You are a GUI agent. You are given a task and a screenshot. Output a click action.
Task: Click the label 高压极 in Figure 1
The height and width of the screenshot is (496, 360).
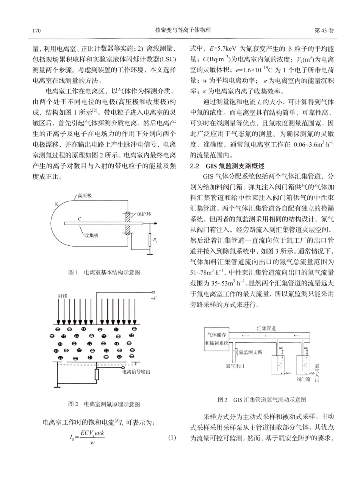tap(85, 195)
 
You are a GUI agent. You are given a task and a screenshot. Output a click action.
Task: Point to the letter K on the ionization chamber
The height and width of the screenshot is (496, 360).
tap(56, 204)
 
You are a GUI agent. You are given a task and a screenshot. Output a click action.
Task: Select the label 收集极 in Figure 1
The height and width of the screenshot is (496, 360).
tap(91, 235)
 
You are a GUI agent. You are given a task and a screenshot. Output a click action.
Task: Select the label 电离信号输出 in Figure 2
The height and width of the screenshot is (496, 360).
tap(136, 371)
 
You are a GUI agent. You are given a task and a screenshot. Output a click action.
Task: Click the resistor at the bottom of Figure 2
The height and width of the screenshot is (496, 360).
tap(97, 374)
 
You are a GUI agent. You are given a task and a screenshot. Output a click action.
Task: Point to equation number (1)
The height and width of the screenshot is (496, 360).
tap(172, 438)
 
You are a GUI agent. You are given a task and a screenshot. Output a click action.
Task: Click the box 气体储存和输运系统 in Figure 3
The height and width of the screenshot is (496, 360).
tap(217, 338)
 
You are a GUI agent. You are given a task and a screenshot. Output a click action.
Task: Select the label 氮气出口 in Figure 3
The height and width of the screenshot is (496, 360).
tap(235, 366)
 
